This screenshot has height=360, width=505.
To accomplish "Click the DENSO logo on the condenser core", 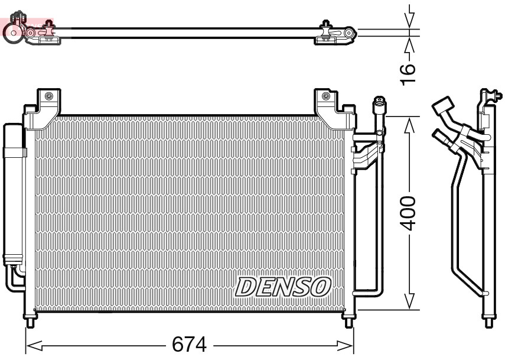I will (x=282, y=287).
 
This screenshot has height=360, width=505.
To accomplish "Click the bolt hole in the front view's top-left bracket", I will (x=48, y=96).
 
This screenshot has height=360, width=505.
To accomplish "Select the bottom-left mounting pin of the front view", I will (x=29, y=322).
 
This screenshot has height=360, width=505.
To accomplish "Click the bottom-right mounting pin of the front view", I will (x=349, y=322).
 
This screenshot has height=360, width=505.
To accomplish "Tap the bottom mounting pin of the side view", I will (x=489, y=322).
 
